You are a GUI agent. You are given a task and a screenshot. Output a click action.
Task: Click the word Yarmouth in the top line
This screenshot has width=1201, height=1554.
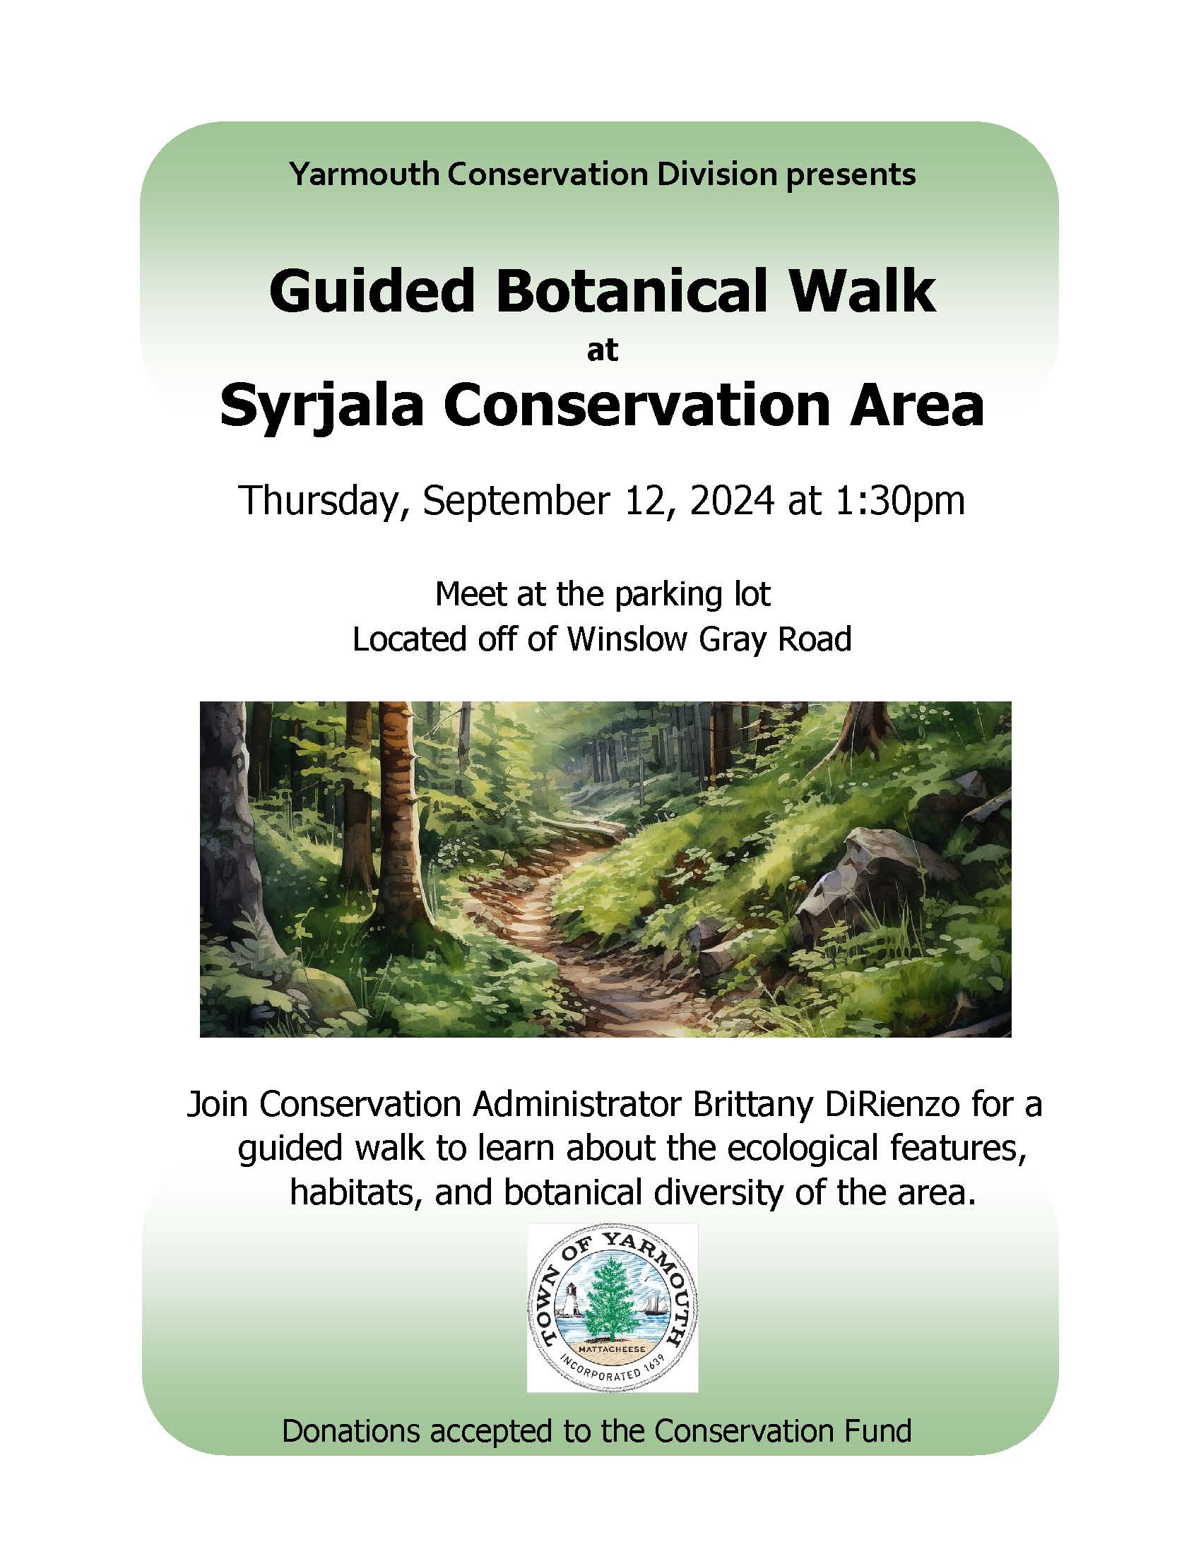pyautogui.click(x=365, y=175)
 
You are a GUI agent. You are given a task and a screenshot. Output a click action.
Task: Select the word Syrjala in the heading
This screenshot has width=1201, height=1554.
pyautogui.click(x=321, y=408)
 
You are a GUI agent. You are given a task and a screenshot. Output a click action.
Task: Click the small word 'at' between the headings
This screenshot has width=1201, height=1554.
pyautogui.click(x=602, y=352)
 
